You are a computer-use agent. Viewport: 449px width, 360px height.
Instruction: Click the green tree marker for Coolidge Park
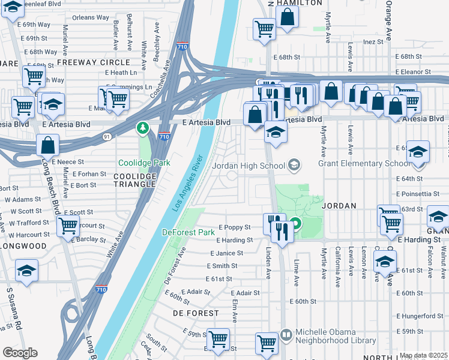[x=143, y=128]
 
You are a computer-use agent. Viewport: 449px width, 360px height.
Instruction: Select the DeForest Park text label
[x=188, y=232]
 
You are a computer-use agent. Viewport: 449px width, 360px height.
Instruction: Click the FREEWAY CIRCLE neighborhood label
[x=93, y=62]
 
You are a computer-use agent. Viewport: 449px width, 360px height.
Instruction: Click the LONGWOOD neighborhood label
[x=24, y=246]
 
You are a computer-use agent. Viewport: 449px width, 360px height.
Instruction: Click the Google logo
[x=20, y=352]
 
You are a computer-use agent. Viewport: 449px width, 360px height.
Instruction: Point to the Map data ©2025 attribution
[x=423, y=355]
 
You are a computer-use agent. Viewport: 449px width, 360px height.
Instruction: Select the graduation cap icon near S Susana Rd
[x=26, y=271]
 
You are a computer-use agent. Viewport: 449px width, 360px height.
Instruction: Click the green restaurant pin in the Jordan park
[x=297, y=226]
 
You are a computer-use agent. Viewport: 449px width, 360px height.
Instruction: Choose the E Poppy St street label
[x=234, y=228]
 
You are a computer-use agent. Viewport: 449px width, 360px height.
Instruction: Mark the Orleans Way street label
[x=91, y=18]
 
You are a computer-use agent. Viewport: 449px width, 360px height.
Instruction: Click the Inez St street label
[x=372, y=42]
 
